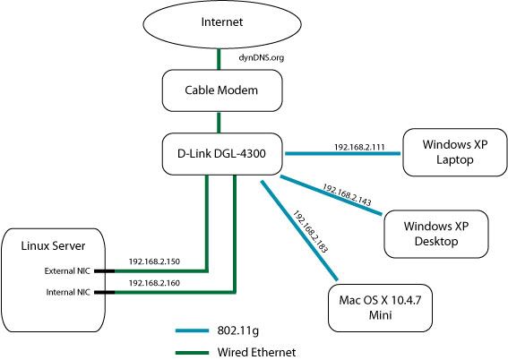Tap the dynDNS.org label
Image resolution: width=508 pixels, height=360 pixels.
tap(261, 57)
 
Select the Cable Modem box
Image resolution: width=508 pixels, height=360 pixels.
tap(222, 90)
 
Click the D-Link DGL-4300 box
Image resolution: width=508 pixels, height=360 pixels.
tap(222, 154)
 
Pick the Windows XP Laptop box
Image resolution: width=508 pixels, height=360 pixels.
tap(455, 152)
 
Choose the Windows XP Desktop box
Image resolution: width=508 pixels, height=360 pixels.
tap(436, 234)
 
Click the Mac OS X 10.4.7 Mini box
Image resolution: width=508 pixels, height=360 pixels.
tap(380, 308)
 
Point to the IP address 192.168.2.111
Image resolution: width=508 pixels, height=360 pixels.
tap(359, 147)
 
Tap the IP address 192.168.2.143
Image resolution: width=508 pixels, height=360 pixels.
tap(347, 194)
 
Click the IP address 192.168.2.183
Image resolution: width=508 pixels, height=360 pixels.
tap(310, 231)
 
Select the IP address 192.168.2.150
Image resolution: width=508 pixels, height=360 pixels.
tap(154, 261)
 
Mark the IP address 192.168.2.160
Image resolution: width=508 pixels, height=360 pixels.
tap(154, 283)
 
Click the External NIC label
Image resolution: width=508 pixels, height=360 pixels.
tap(67, 271)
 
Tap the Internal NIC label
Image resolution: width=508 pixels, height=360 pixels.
tap(68, 292)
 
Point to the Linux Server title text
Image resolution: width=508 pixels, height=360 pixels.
tap(53, 245)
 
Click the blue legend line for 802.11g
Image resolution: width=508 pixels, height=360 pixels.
tap(192, 330)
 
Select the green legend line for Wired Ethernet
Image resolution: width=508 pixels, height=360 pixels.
tap(192, 353)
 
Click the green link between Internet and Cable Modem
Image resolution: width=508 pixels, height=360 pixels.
tap(219, 59)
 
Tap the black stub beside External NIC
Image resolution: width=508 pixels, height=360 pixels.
tap(104, 271)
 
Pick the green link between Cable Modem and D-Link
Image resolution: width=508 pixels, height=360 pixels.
tap(219, 123)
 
